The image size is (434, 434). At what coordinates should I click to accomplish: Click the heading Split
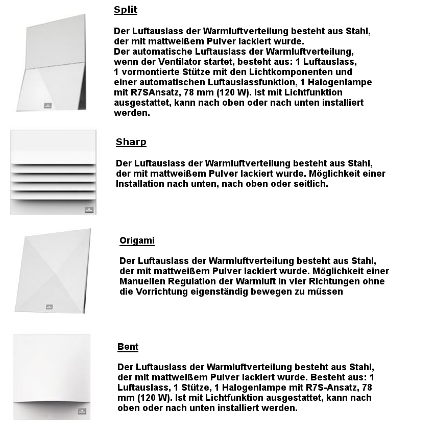[126, 10]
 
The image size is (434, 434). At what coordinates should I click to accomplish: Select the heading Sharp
[131, 142]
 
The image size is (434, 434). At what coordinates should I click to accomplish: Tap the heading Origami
[137, 240]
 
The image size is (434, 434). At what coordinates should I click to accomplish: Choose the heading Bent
[128, 347]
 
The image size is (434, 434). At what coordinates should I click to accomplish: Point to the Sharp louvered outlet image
[53, 172]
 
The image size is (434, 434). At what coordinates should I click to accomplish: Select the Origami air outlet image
[53, 271]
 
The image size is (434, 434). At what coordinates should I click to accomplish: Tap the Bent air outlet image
[52, 377]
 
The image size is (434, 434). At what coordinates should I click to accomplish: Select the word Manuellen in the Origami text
[144, 282]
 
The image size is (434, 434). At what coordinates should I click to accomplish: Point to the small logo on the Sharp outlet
[89, 209]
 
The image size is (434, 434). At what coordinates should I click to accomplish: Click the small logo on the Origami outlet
[50, 307]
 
